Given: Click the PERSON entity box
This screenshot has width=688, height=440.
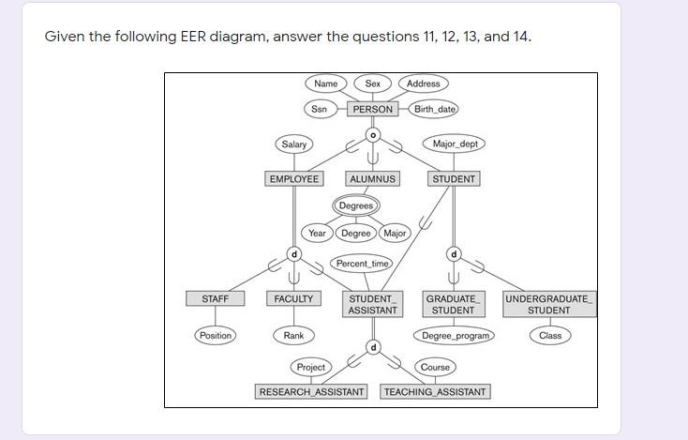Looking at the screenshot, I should (373, 109).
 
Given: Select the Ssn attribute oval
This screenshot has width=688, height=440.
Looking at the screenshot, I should (320, 109).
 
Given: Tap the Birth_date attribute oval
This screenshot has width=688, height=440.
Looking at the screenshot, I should (435, 109).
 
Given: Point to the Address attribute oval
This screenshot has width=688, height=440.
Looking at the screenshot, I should (423, 83).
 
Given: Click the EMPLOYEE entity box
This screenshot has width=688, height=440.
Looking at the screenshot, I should (294, 178).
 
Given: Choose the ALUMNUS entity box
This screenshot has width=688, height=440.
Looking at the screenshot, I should (373, 178).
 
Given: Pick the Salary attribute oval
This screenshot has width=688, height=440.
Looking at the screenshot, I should (294, 144).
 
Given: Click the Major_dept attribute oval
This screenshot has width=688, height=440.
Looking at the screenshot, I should (456, 144).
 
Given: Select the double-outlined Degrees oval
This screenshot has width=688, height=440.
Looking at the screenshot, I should (356, 205).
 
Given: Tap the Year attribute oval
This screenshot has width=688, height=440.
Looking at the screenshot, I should (318, 233).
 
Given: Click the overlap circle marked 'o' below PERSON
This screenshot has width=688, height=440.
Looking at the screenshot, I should (373, 134).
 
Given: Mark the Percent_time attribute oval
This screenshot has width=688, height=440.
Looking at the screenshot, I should (362, 264).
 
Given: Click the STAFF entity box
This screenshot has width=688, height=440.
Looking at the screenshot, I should (215, 298).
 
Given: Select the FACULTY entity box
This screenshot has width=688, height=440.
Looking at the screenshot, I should (293, 298).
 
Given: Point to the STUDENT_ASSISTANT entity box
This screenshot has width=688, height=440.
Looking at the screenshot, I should (372, 304).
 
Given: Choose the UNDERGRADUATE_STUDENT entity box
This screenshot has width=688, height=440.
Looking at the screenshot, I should (548, 304).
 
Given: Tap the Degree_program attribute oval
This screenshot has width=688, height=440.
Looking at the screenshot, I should (456, 335).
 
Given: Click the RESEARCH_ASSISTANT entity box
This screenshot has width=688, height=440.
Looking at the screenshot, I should (312, 391).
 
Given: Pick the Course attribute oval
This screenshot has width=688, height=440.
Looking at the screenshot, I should (435, 367).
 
